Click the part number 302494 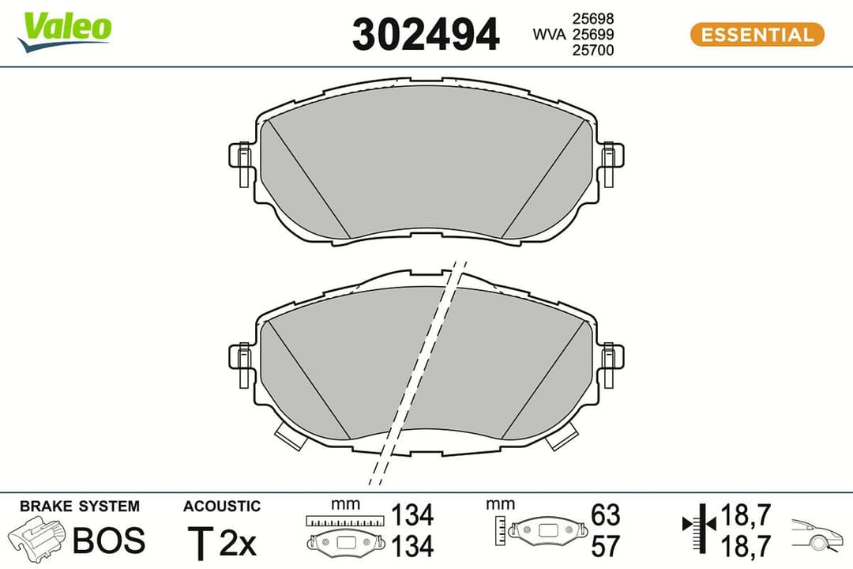click(x=426, y=35)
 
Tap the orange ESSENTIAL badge click(x=757, y=35)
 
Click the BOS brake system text click(x=109, y=540)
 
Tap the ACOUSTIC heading click(x=221, y=507)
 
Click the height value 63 click(x=605, y=515)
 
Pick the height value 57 click(x=605, y=545)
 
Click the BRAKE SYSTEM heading click(x=79, y=507)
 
